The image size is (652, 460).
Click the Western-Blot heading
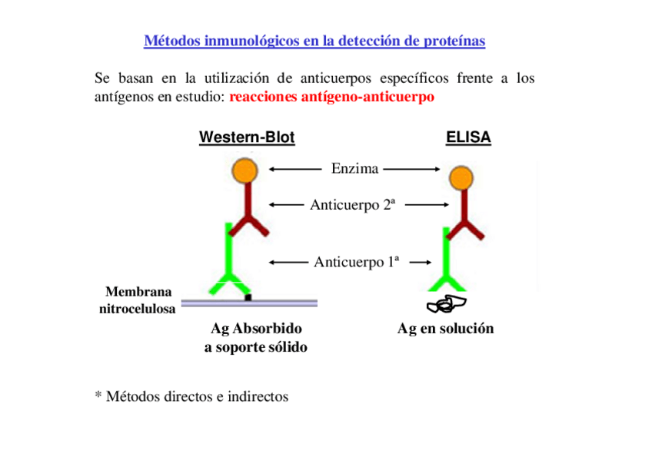tap(246, 137)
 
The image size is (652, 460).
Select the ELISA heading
tap(467, 137)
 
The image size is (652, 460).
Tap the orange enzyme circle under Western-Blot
tap(245, 170)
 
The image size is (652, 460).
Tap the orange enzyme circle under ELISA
tap(461, 178)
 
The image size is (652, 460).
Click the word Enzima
tap(354, 168)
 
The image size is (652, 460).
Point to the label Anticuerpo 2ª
tap(352, 204)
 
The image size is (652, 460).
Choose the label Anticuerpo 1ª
tap(356, 262)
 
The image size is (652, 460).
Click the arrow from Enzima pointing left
tap(295, 168)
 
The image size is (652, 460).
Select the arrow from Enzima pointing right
tap(411, 168)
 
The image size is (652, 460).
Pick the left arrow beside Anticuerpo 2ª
tap(288, 204)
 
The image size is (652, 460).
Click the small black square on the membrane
tap(248, 296)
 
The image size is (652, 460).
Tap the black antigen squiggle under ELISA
tap(446, 305)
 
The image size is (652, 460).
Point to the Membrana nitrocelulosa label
tap(138, 300)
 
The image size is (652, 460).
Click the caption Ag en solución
tap(445, 329)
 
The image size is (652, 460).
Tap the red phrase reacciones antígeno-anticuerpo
tap(331, 97)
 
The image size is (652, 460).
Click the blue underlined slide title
tap(314, 41)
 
